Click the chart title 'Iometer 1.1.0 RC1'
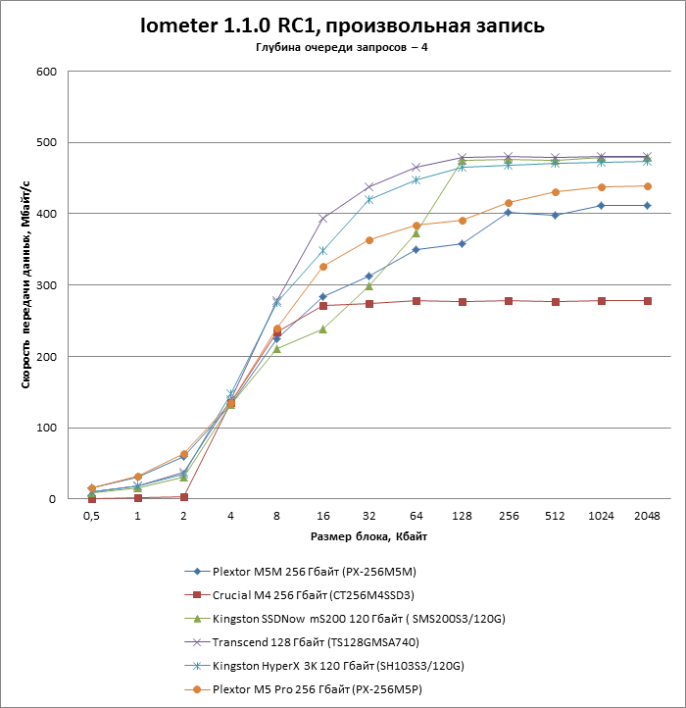click(x=342, y=25)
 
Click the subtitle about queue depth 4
click(x=342, y=48)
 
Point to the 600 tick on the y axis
click(x=46, y=72)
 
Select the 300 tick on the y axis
click(x=46, y=285)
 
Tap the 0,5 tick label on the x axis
click(x=91, y=516)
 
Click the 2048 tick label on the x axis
click(x=646, y=516)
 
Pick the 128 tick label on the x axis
click(x=462, y=516)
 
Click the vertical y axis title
click(x=26, y=285)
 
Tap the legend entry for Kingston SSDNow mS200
click(x=343, y=619)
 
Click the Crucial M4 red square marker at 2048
click(x=647, y=301)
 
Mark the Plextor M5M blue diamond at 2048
click(x=647, y=206)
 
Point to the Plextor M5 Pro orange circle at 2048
click(x=647, y=186)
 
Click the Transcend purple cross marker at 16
click(x=322, y=219)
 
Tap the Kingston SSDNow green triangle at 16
click(x=322, y=329)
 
